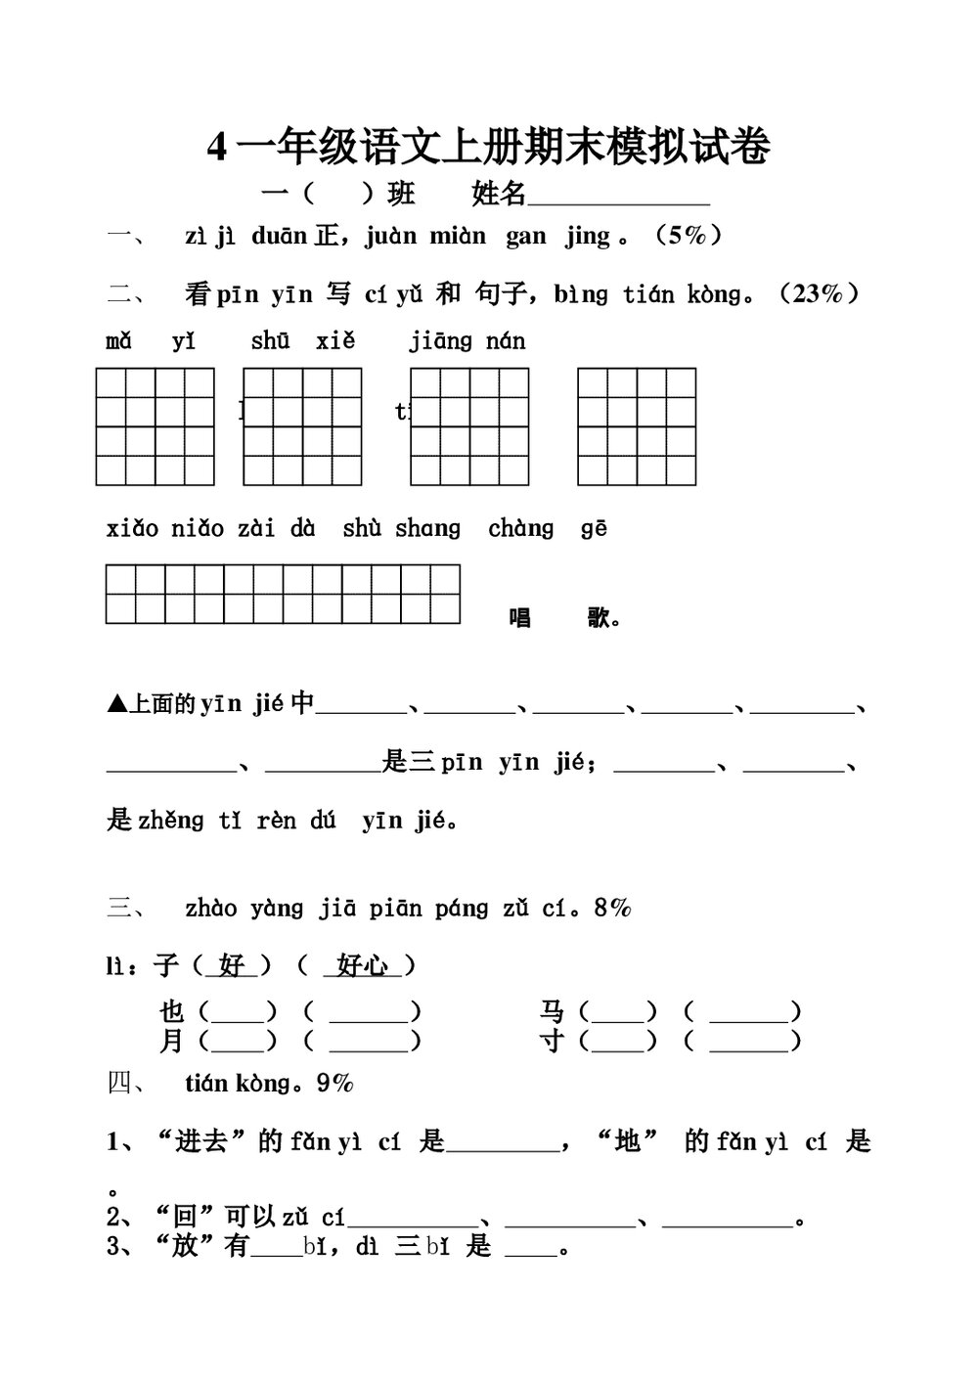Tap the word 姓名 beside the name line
click(499, 194)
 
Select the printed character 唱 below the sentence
click(520, 618)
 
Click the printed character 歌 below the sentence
click(600, 618)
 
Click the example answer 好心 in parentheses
click(361, 966)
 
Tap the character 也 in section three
click(172, 1010)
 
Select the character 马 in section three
click(553, 1010)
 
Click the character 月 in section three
click(172, 1041)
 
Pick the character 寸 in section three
click(553, 1041)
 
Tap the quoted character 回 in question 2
click(185, 1218)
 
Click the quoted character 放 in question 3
click(185, 1248)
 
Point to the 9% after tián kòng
click(335, 1083)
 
